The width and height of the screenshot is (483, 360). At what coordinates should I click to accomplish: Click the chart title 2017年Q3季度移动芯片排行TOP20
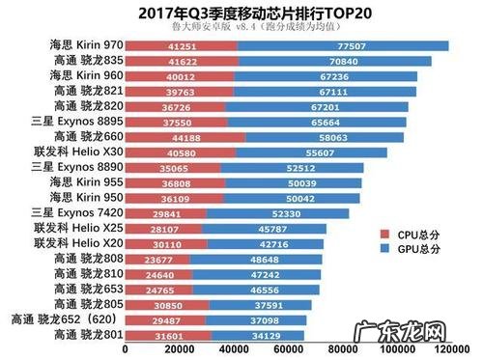point(241,13)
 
